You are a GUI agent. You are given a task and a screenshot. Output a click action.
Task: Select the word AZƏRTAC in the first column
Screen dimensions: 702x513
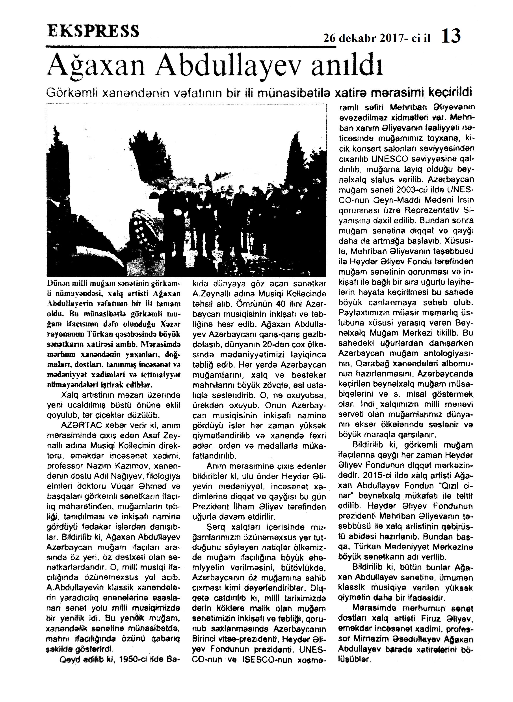tap(77, 425)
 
